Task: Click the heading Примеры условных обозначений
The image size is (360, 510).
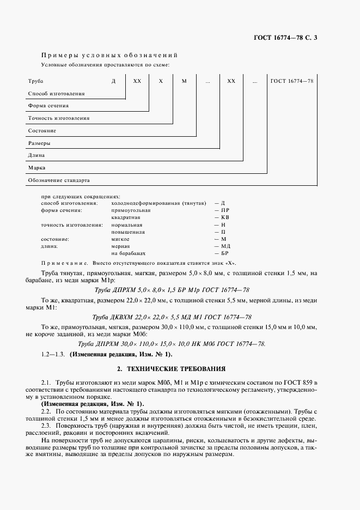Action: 109,56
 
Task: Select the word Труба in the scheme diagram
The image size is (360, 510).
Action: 35,81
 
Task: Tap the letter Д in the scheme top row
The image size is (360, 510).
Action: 114,81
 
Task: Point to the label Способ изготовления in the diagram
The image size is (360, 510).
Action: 56,94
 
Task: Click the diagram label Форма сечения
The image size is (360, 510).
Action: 48,106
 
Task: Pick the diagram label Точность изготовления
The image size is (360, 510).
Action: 59,118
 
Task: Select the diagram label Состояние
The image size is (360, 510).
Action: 42,131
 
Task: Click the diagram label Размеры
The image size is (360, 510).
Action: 39,143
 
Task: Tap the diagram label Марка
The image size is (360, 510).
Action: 36,168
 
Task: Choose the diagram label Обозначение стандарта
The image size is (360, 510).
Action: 59,180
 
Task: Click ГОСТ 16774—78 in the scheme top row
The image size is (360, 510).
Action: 291,81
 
